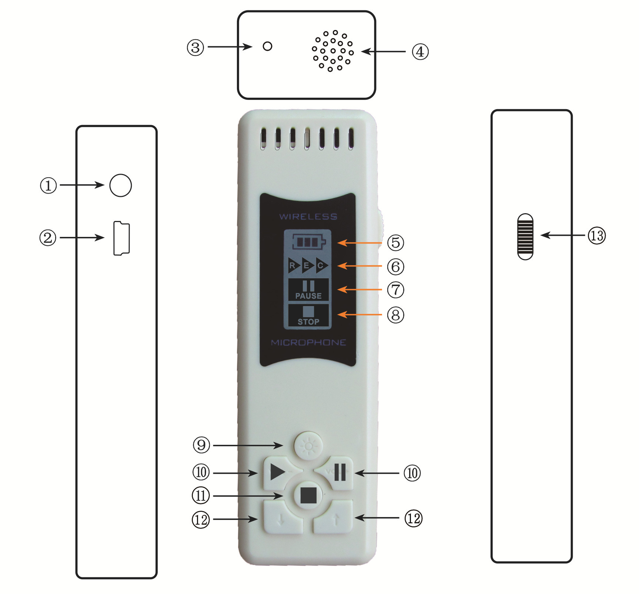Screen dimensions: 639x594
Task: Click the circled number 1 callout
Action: (48, 185)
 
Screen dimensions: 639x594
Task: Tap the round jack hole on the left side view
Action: (121, 185)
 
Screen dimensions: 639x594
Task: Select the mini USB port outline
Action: (121, 238)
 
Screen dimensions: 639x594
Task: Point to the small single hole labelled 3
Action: (267, 46)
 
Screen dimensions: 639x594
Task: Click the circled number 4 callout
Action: (420, 51)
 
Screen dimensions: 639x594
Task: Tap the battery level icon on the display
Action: (309, 242)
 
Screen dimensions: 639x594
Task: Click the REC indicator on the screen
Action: (308, 265)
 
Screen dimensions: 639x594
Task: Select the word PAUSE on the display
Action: (308, 296)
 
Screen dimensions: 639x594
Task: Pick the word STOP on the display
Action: (308, 322)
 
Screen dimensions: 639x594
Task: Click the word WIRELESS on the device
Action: (308, 217)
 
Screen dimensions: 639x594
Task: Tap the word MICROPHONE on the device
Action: (308, 342)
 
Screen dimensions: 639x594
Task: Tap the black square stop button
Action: (308, 495)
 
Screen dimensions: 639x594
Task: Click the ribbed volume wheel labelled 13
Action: (525, 236)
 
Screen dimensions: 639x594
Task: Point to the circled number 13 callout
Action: (597, 235)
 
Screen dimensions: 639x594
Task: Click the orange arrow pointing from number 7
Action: (359, 289)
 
